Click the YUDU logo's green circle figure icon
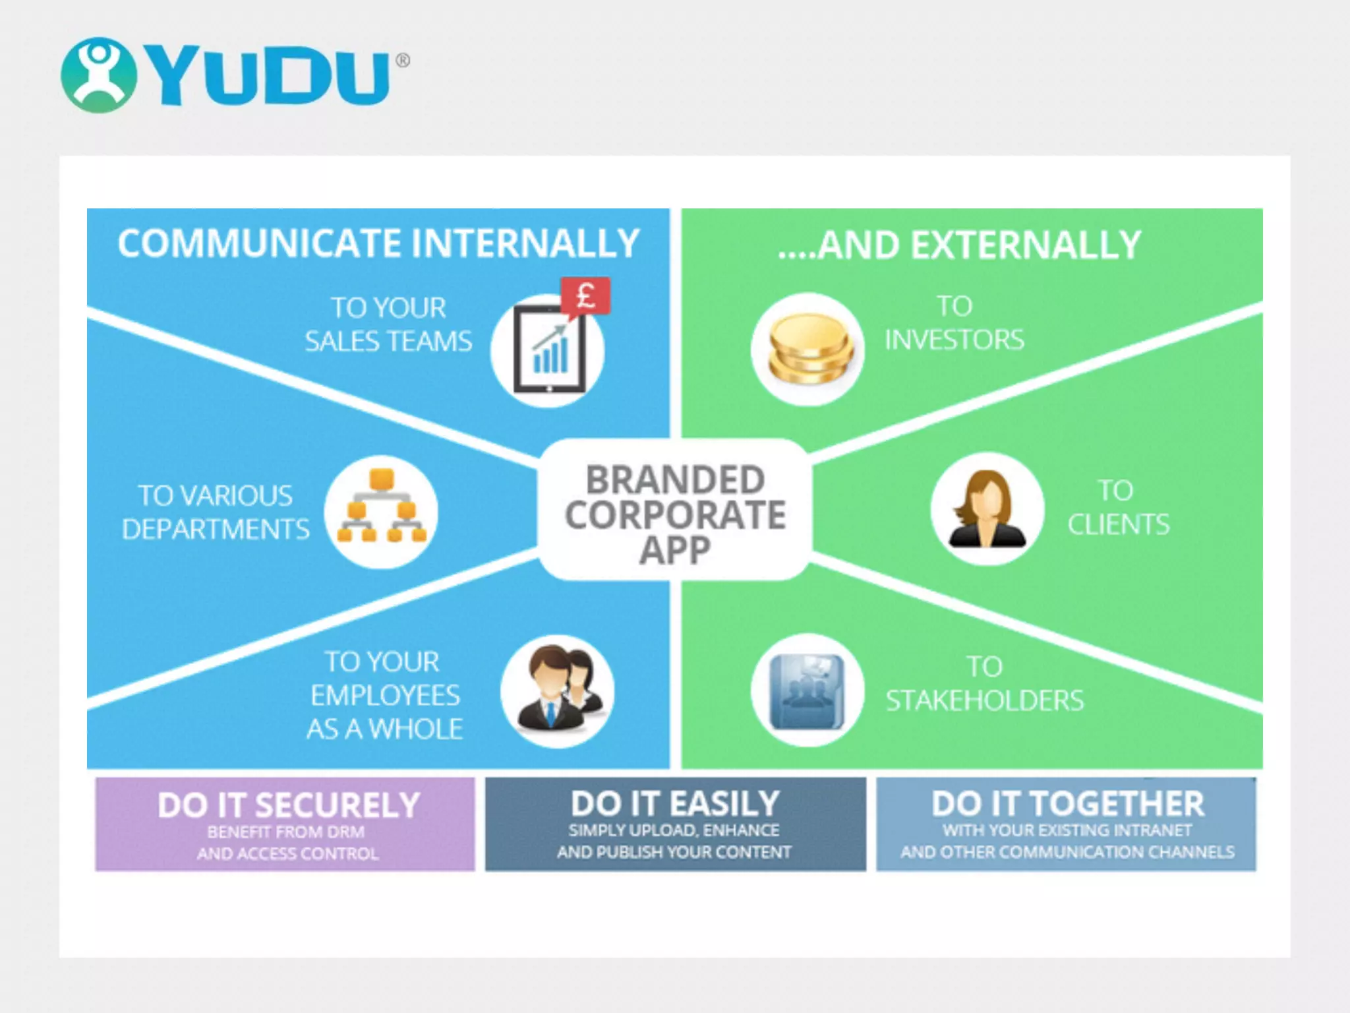pos(98,75)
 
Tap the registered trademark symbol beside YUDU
pos(402,61)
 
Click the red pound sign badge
pos(585,296)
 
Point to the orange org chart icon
pos(382,506)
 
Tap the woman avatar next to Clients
pos(986,508)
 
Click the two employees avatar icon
pos(558,690)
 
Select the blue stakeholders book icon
pos(807,691)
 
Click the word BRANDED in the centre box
pos(675,479)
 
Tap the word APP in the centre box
pos(675,549)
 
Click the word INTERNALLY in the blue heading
pos(525,243)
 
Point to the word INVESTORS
pos(954,340)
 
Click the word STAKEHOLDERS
pos(984,700)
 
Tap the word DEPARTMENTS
pos(216,529)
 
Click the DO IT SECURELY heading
pos(289,805)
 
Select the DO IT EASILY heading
pos(675,804)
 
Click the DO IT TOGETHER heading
pos(1067,804)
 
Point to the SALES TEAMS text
pos(388,341)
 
